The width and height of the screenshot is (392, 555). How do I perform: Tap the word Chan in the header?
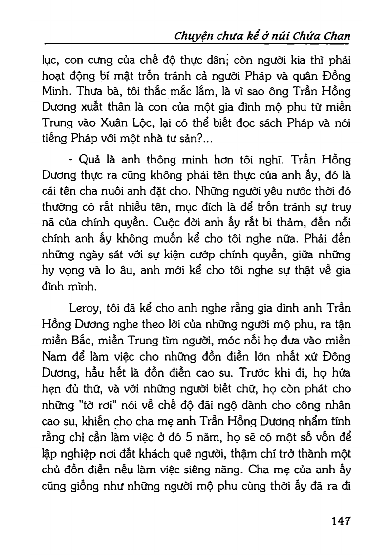pos(336,36)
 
